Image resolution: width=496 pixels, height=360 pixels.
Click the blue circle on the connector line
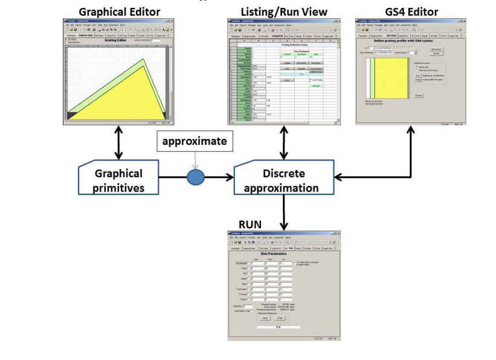[x=196, y=177]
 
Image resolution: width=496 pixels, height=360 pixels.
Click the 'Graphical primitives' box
[x=119, y=179]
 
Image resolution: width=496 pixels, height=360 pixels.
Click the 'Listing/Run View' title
[x=284, y=11]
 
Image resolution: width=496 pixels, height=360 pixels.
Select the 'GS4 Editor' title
[x=411, y=11]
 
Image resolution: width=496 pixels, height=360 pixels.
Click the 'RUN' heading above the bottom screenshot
[x=250, y=223]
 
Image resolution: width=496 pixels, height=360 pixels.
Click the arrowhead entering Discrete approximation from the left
[x=230, y=177]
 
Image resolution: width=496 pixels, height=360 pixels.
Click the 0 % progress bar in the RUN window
[x=278, y=327]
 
